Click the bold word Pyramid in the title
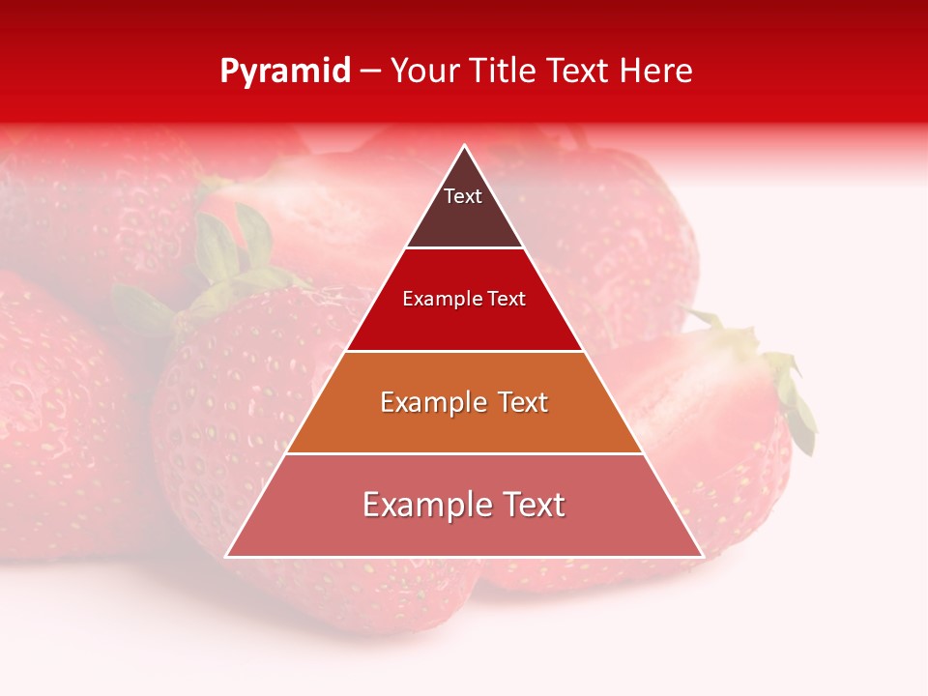[x=285, y=72]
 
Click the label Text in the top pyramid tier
[x=463, y=196]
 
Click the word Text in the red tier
[x=507, y=300]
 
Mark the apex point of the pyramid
[x=464, y=146]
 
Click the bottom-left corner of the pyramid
[x=226, y=556]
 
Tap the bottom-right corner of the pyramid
[x=702, y=556]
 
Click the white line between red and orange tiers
[x=464, y=351]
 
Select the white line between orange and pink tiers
[x=464, y=453]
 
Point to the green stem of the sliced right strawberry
[x=788, y=387]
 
